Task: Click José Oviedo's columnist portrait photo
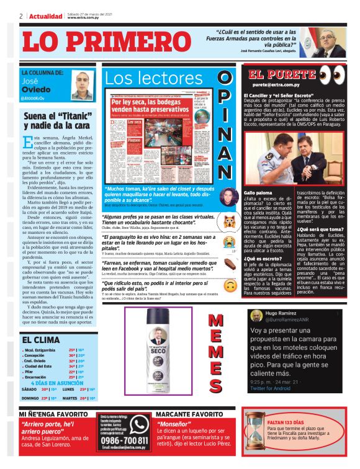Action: [81, 86]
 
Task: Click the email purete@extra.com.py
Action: [277, 84]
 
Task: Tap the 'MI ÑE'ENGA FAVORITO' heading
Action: [53, 413]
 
